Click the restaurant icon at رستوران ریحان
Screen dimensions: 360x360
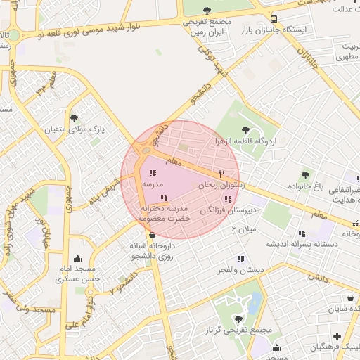coord(221,173)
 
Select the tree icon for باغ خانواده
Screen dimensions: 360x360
coord(304,175)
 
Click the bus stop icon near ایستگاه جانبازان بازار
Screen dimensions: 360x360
coord(274,19)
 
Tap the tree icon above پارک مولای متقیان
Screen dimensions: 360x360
coord(75,118)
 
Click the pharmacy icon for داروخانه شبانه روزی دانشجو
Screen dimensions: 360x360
coord(153,235)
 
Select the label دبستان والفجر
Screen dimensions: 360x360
coord(241,271)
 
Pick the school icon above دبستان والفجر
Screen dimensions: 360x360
coord(241,259)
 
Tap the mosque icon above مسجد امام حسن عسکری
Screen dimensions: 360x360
coord(77,258)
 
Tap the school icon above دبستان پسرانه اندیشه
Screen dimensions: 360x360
coord(302,233)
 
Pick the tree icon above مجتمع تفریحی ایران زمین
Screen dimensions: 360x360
coord(207,10)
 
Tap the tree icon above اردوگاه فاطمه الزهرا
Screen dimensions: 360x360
coord(245,129)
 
